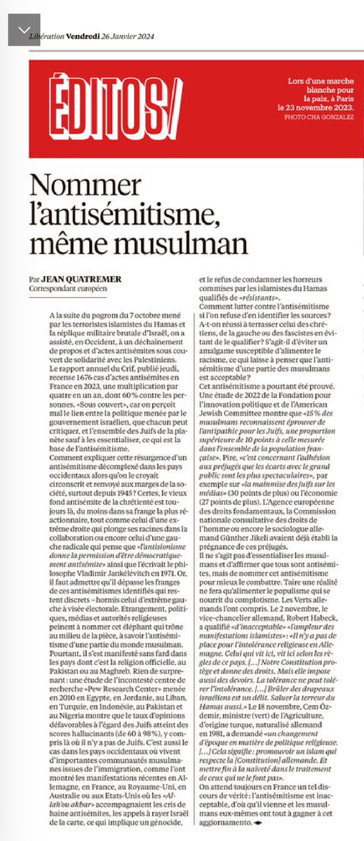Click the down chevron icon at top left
pos(24,29)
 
